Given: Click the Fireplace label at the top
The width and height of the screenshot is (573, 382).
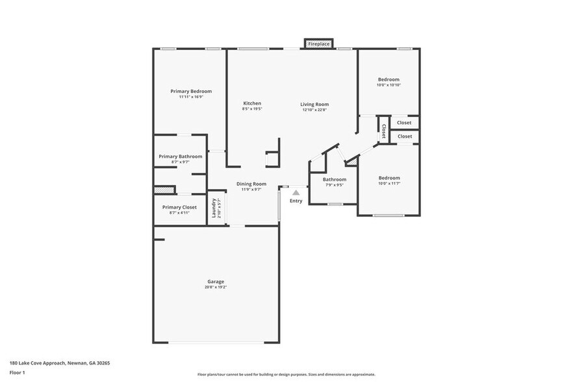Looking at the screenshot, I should click(x=319, y=44).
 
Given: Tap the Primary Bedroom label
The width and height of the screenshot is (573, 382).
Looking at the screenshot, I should click(x=191, y=92).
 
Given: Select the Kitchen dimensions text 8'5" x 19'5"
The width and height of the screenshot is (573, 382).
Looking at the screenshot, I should click(x=252, y=109).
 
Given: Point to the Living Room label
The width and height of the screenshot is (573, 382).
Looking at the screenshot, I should click(x=314, y=104).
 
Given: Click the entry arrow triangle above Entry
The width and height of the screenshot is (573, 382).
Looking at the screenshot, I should click(x=296, y=192).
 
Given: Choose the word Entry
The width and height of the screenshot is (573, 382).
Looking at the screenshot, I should click(x=296, y=201).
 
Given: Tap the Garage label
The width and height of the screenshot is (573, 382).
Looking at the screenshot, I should click(x=216, y=281).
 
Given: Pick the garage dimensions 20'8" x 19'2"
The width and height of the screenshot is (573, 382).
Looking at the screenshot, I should click(x=216, y=286).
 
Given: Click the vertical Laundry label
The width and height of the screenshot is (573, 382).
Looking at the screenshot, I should click(x=214, y=208).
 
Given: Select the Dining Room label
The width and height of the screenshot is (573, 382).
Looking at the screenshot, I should click(x=251, y=184).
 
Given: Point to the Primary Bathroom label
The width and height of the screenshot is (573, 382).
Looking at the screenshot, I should click(x=181, y=157).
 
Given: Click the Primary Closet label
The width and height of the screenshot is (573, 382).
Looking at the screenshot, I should click(x=179, y=207).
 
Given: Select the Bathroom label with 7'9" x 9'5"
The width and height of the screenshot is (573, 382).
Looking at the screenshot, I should click(x=335, y=179).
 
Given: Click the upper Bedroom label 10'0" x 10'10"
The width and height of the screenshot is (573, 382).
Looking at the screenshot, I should click(x=389, y=79).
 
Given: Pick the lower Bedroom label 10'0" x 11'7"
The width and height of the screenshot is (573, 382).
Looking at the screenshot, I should click(x=389, y=177).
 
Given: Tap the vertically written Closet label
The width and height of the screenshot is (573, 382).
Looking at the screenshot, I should click(x=383, y=131).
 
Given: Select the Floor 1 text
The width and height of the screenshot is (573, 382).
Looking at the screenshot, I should click(x=17, y=372).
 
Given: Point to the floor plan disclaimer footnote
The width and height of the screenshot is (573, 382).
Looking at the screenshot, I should click(x=286, y=375).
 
